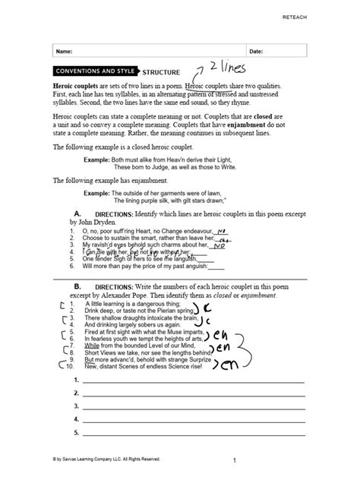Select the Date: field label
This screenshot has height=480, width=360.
pos(256,51)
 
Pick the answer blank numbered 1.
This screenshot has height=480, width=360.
pos(194,380)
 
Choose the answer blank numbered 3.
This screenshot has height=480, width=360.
pos(194,406)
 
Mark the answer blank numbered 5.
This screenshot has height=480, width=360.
pos(194,434)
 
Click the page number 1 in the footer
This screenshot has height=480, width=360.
pos(235,460)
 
